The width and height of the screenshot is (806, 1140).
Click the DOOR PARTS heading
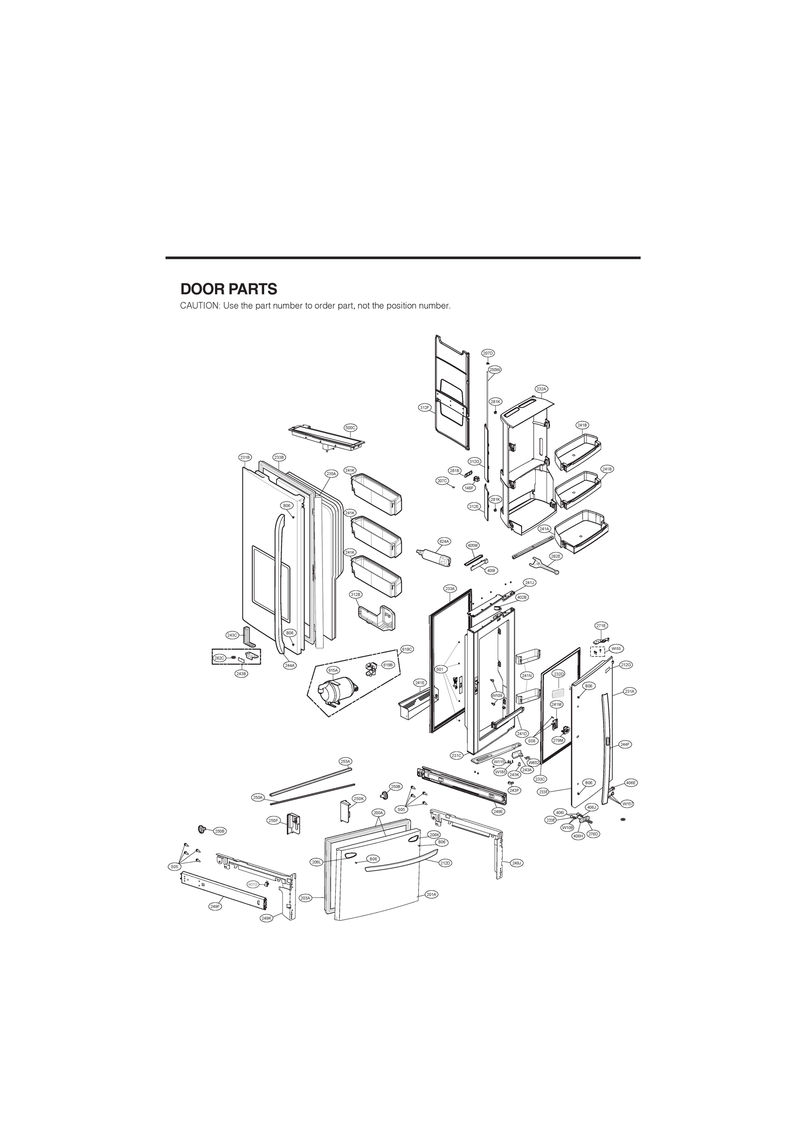[228, 289]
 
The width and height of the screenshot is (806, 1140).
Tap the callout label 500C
[351, 427]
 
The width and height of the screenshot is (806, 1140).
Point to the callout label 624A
[444, 541]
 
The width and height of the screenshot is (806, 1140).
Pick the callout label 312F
[425, 408]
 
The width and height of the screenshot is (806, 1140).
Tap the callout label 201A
[432, 894]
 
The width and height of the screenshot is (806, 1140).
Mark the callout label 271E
[601, 626]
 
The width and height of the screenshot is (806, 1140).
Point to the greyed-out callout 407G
[253, 884]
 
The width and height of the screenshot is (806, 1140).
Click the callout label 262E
[556, 557]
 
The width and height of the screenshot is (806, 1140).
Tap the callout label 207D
[488, 353]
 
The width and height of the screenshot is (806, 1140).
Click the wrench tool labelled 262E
[543, 565]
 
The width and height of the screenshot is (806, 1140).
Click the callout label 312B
[356, 594]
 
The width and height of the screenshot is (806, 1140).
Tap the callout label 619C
[407, 649]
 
